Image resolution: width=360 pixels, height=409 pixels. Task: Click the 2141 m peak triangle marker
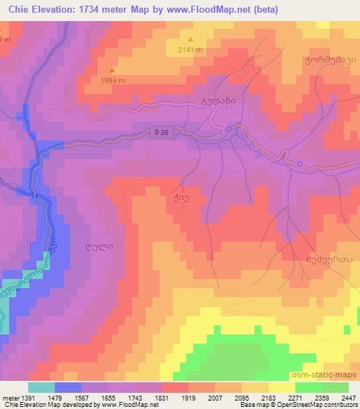[190, 39]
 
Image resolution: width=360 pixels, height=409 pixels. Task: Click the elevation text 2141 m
[190, 49]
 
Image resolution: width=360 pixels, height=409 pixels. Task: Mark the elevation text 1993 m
[113, 79]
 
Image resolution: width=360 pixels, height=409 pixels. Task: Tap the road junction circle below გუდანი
[229, 129]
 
